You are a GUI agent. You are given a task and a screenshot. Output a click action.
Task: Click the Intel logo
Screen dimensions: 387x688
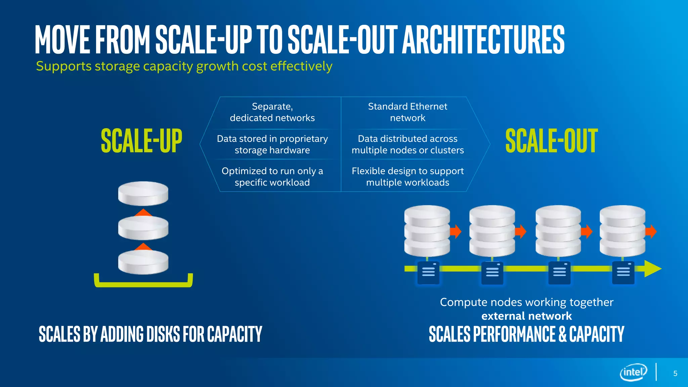point(633,372)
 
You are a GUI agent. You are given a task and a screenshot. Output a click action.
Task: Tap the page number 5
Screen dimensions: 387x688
point(675,374)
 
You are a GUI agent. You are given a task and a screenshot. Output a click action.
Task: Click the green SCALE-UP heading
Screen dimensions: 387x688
point(141,141)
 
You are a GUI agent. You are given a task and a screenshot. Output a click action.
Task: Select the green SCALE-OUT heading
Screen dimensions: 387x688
point(551,141)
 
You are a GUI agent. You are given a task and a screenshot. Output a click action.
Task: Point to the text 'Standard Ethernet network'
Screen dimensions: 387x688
point(407,112)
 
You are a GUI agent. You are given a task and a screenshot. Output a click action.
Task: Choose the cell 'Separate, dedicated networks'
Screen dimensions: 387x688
point(272,112)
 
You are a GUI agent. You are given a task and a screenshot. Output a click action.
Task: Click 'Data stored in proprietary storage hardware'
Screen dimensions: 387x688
point(272,144)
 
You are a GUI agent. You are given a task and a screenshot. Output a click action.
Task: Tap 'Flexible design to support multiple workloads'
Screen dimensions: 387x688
point(407,177)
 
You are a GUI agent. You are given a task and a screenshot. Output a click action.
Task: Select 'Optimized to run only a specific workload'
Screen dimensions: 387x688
point(272,177)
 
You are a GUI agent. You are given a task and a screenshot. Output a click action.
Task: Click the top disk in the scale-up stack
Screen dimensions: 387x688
point(143,193)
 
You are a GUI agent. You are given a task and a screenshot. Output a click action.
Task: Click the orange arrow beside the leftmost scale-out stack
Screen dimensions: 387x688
point(456,231)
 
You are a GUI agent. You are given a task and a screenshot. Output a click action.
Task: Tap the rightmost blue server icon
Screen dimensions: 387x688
point(623,273)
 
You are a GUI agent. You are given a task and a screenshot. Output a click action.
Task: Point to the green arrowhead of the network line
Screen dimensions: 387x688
point(652,269)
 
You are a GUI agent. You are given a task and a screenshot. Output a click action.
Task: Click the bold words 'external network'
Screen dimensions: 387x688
point(526,316)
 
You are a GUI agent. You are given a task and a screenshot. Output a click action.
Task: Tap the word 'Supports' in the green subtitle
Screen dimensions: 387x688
point(63,66)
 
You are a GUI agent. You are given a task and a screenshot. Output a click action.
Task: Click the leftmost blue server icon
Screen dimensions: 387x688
point(428,273)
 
